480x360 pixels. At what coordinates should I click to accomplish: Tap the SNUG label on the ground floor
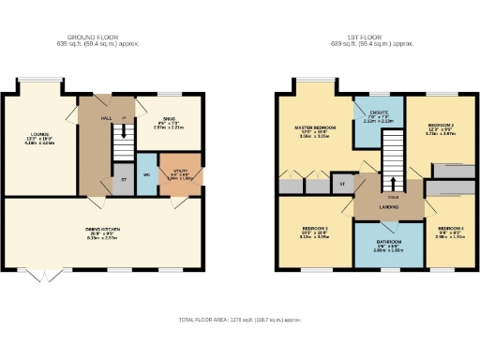click(169, 118)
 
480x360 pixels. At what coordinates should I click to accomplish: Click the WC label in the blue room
click(146, 174)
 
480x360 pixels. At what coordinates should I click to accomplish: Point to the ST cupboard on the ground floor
click(123, 178)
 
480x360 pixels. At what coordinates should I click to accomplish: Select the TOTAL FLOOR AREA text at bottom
click(240, 321)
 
